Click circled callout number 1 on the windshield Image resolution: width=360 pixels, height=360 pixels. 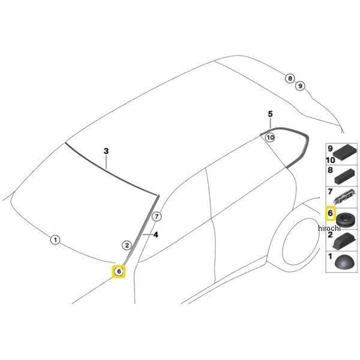[55, 240]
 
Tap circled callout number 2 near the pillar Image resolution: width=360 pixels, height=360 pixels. [127, 245]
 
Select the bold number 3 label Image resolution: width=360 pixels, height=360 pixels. [106, 151]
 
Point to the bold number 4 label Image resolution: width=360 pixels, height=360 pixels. [155, 235]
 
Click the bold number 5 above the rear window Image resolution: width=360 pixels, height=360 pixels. [270, 114]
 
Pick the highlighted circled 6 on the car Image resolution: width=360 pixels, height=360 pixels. [119, 271]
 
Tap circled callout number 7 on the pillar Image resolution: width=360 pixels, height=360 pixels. [157, 217]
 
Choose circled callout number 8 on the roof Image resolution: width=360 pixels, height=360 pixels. [290, 79]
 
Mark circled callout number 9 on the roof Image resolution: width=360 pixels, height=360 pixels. [300, 86]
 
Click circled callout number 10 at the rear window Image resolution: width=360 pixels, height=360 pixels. [270, 137]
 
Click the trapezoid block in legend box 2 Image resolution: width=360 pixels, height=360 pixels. [344, 241]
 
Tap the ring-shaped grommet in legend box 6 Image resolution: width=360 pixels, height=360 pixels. [346, 220]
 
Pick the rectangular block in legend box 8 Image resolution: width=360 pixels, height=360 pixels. [346, 176]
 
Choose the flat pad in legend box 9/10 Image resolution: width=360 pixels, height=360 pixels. [344, 152]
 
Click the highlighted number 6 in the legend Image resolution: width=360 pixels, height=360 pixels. [331, 213]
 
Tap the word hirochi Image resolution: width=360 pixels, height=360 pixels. [329, 228]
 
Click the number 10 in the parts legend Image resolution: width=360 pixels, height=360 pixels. [331, 160]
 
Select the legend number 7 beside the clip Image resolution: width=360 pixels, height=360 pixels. [331, 191]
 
